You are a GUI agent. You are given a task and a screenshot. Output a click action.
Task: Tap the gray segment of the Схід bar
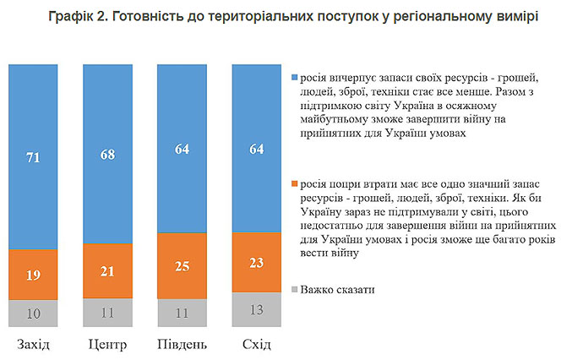258,310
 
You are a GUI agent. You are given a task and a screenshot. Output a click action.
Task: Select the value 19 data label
34,275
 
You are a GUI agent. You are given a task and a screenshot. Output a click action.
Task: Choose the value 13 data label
258,310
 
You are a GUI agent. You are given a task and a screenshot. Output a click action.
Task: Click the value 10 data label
34,314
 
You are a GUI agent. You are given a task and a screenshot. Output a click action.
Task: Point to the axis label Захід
34,345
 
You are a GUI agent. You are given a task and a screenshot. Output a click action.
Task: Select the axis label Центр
108,345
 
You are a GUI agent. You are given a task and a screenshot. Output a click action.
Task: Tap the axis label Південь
183,345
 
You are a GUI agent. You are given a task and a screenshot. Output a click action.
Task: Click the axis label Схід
258,345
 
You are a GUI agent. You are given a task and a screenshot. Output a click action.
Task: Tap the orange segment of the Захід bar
34,275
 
